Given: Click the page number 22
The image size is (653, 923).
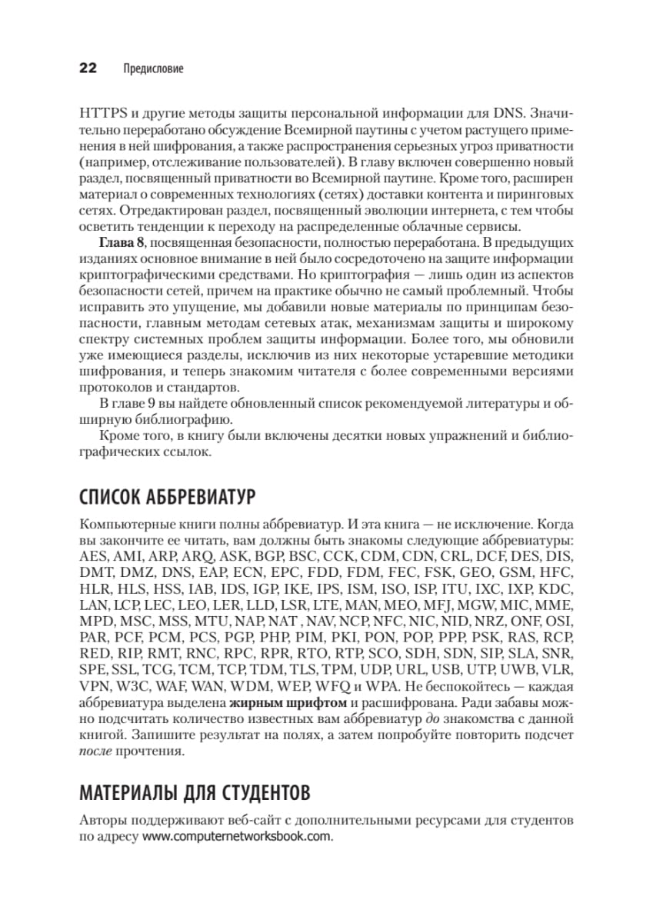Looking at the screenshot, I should [88, 68].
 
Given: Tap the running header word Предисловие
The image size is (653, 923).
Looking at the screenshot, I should [153, 69].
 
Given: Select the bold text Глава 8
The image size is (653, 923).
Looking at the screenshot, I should [122, 243].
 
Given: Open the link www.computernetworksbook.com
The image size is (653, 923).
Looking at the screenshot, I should [237, 837].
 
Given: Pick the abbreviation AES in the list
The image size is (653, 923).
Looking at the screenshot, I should [94, 555].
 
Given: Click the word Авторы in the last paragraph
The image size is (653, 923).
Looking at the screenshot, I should [102, 820].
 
